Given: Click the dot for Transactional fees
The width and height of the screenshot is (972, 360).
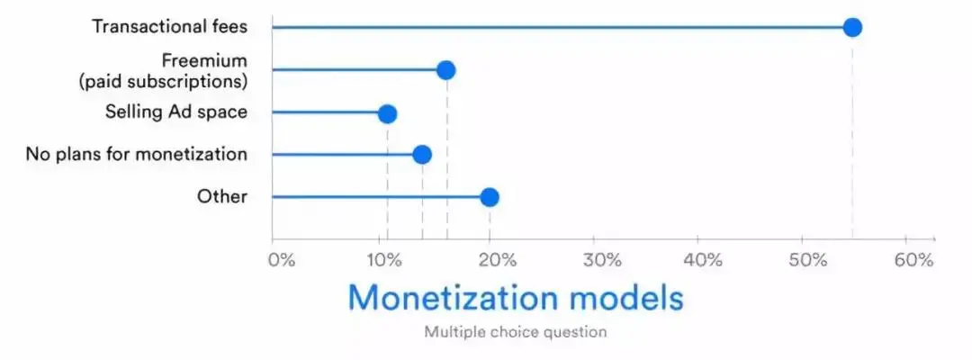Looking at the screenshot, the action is (x=852, y=27).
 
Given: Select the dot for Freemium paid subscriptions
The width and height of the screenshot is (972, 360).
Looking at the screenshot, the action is (x=445, y=70).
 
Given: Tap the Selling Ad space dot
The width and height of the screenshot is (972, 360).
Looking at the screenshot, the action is (x=387, y=113).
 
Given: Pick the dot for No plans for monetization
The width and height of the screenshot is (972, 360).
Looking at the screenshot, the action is (x=421, y=154).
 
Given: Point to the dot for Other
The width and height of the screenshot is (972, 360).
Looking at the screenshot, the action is (x=489, y=197).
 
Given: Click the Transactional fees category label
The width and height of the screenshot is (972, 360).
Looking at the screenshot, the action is (x=170, y=27).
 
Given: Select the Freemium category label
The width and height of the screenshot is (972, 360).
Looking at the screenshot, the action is (x=164, y=71).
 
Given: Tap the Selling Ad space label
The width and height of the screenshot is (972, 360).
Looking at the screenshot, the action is (x=176, y=112).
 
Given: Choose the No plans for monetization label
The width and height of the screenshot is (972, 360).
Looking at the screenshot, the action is (x=137, y=154).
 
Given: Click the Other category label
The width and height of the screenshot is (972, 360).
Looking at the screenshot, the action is (x=222, y=197).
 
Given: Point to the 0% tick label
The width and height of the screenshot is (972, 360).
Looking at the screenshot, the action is (x=281, y=259).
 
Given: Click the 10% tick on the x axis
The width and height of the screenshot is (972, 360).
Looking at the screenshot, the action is (x=384, y=259).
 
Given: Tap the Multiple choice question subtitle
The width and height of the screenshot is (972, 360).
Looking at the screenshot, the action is (x=516, y=332).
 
